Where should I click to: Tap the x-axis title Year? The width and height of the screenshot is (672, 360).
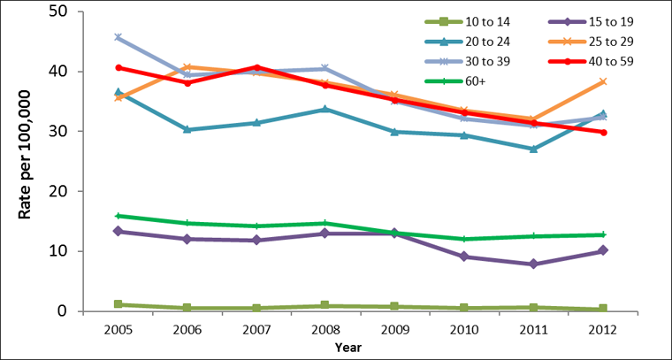point(348,348)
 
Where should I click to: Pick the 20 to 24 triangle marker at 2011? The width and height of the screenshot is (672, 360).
point(557,149)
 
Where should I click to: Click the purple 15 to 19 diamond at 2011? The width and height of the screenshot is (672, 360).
point(557,264)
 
